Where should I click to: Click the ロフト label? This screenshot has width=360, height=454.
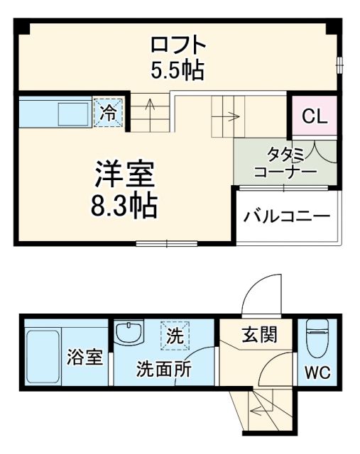[x=178, y=45]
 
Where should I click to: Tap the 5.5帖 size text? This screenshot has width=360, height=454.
[x=178, y=70]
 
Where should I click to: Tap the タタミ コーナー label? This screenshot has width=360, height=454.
[x=285, y=164]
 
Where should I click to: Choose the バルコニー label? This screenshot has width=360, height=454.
[x=288, y=217]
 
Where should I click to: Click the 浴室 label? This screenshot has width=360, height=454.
[x=85, y=357]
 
